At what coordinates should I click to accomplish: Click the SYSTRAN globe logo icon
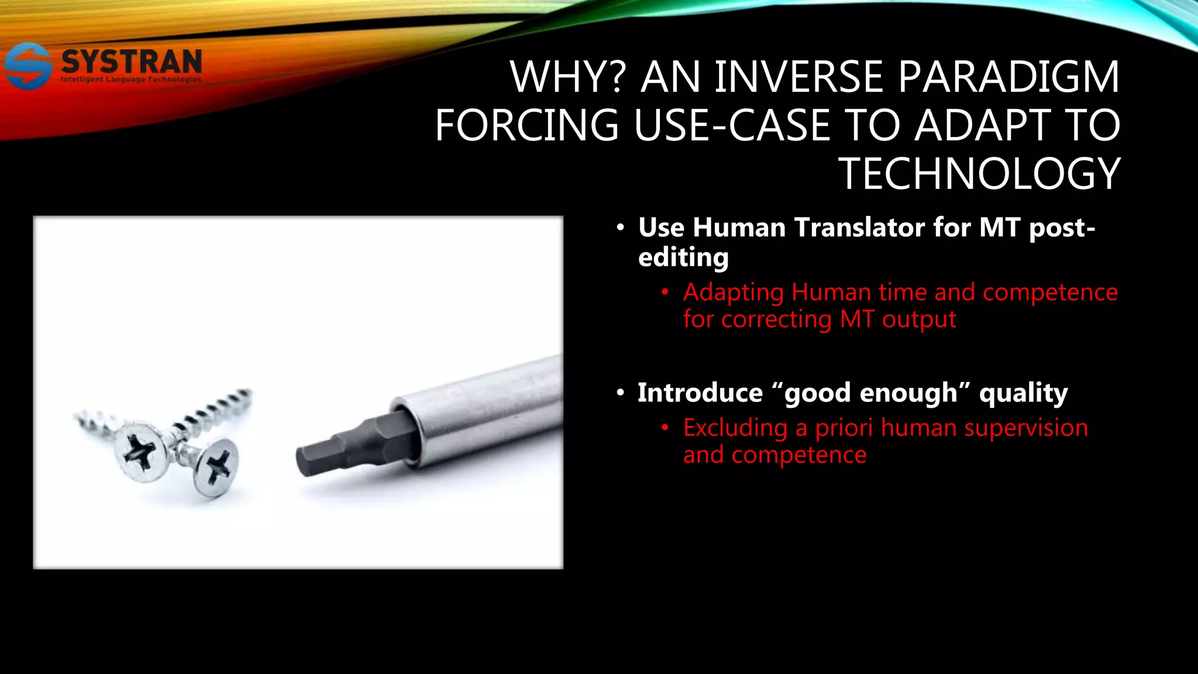pos(27,66)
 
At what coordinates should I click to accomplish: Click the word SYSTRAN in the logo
pos(132,62)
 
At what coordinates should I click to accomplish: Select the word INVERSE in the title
pos(798,77)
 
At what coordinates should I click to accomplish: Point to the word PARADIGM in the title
pos(1008,77)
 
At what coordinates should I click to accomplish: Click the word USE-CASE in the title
pos(732,125)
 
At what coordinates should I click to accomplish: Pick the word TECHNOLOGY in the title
pos(979,174)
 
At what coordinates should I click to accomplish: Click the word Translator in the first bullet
pos(860,227)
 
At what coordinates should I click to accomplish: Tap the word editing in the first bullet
pos(683,257)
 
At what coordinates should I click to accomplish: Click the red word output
pos(919,319)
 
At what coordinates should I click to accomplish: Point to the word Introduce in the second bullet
pos(700,393)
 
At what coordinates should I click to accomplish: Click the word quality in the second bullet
pos(1023,393)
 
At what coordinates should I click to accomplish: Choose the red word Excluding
pos(735,428)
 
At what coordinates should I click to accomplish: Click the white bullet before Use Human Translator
pos(621,227)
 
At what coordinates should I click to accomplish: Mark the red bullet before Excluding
pos(665,428)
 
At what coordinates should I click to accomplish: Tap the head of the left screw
pos(141,451)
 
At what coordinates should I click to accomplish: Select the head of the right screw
pos(216,467)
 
